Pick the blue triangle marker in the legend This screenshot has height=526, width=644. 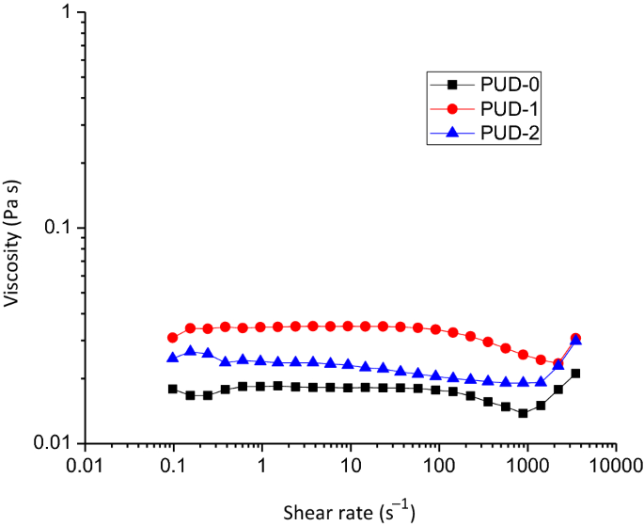pos(450,133)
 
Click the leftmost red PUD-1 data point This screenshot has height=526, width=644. pos(173,337)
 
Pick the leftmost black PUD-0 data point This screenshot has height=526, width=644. pos(173,389)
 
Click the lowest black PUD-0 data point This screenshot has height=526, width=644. pos(523,413)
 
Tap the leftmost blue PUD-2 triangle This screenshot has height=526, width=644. pos(173,358)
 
